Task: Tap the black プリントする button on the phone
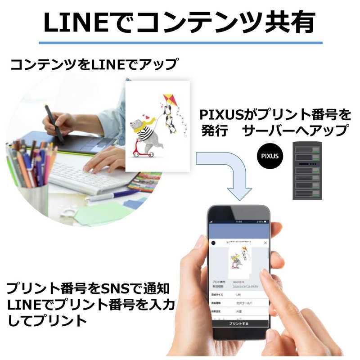pyautogui.click(x=238, y=323)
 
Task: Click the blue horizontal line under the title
pyautogui.click(x=180, y=43)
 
